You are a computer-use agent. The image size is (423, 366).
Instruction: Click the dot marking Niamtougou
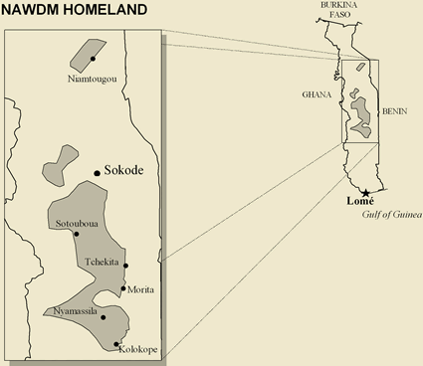[92, 59]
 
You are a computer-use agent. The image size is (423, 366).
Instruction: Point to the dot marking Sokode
[97, 173]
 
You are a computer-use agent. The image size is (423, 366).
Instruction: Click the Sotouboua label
[76, 223]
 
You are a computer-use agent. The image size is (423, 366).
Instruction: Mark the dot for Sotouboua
[76, 234]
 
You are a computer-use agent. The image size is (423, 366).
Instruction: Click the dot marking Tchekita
[126, 265]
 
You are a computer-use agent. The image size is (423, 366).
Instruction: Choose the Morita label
[141, 289]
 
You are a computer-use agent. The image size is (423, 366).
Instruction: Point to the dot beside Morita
[123, 289]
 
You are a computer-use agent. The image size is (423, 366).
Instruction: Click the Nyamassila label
[76, 311]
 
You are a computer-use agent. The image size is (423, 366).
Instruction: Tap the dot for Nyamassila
[104, 318]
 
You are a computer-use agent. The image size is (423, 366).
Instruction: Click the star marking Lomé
[366, 191]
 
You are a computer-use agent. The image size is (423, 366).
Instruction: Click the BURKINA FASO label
[337, 11]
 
